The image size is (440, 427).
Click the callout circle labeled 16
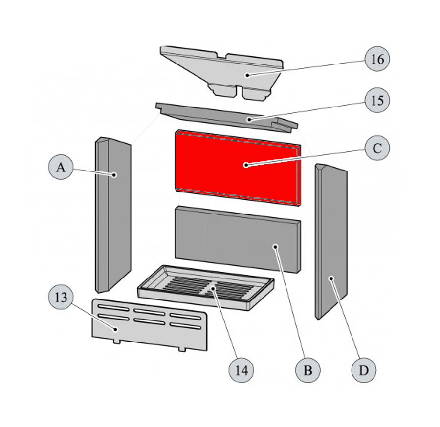point(377,59)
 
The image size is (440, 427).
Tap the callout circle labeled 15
point(377,100)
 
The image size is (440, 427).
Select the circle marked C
point(377,148)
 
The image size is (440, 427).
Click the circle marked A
point(61,167)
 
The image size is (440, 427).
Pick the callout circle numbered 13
point(61,297)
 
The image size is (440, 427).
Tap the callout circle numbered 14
point(242,370)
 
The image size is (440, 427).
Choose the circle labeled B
point(308,370)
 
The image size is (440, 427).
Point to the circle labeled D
point(364,370)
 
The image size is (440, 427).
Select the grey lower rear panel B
point(238,239)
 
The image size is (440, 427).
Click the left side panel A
point(113,215)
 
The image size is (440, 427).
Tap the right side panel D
point(331,242)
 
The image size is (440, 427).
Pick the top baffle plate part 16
point(221,73)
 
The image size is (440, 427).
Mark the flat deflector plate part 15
point(226,117)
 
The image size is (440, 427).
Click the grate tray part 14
point(206,288)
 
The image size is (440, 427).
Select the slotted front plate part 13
point(150,325)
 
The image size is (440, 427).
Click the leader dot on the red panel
point(246,165)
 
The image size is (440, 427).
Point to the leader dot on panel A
point(114,175)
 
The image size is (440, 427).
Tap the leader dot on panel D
point(331,278)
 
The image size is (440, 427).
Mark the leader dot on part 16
point(247,75)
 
